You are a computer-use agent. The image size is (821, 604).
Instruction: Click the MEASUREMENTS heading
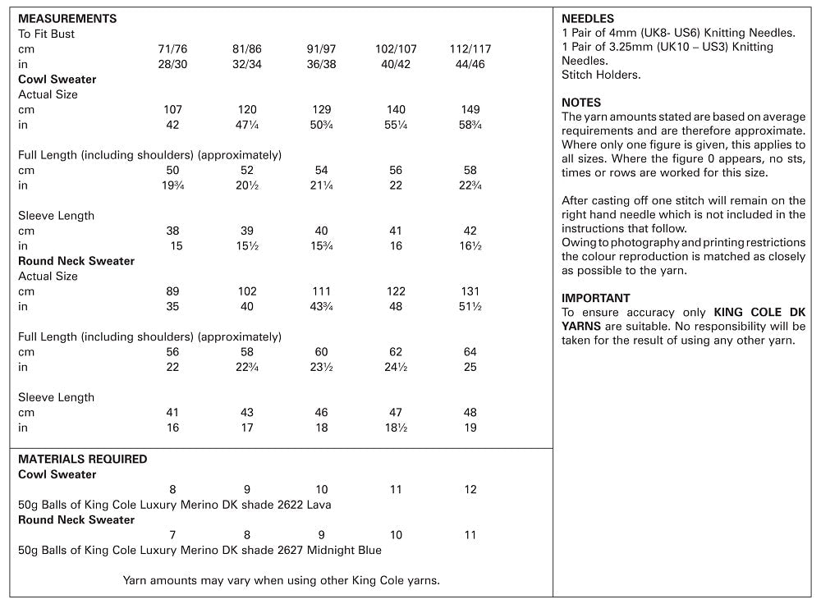coord(67,19)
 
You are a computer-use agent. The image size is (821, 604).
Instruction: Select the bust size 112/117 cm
coord(470,49)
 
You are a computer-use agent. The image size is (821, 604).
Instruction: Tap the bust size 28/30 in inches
coord(172,64)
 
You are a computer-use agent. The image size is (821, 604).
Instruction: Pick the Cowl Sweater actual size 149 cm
coord(470,110)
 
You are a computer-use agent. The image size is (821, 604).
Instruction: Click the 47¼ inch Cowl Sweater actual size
coord(246,125)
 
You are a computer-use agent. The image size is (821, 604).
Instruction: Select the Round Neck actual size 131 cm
coord(470,291)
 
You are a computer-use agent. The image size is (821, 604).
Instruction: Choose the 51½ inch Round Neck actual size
coord(470,307)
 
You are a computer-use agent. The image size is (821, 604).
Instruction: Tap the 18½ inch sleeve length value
coord(396,428)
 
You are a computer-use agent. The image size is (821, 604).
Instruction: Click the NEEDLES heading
coord(588,19)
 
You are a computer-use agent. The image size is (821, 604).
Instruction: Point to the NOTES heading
coord(581,103)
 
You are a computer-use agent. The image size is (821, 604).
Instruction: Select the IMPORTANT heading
coord(596,298)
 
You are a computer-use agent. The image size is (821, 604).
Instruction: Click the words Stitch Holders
coord(601,75)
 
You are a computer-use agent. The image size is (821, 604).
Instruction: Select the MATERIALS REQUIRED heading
coord(83,460)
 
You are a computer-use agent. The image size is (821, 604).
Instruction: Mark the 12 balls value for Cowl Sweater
coord(470,490)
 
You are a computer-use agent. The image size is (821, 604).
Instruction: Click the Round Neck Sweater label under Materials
coord(76,519)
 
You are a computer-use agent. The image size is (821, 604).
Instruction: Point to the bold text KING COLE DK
coord(760,313)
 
